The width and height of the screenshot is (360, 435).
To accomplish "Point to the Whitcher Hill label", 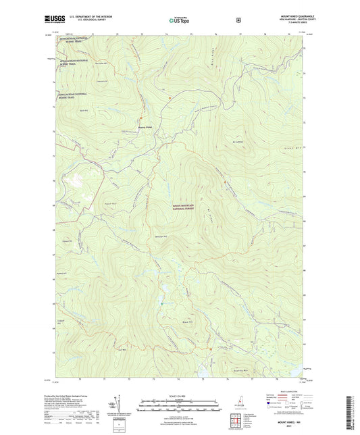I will [159, 236].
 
